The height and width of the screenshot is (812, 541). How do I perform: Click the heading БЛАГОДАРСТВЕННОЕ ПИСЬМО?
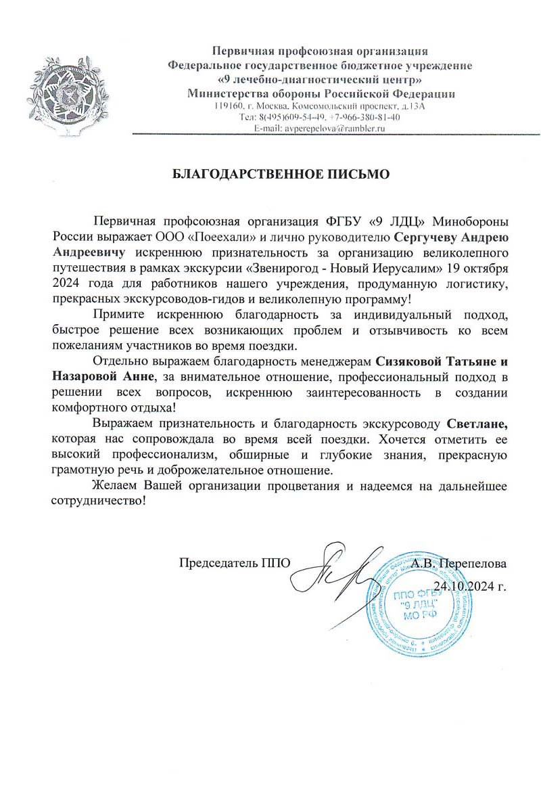(x=282, y=174)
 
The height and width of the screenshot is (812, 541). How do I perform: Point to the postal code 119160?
(x=228, y=107)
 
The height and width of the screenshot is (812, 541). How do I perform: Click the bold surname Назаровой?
(x=85, y=376)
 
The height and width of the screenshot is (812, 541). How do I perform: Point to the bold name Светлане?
(x=476, y=425)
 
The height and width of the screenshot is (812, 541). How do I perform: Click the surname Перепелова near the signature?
(x=477, y=562)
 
